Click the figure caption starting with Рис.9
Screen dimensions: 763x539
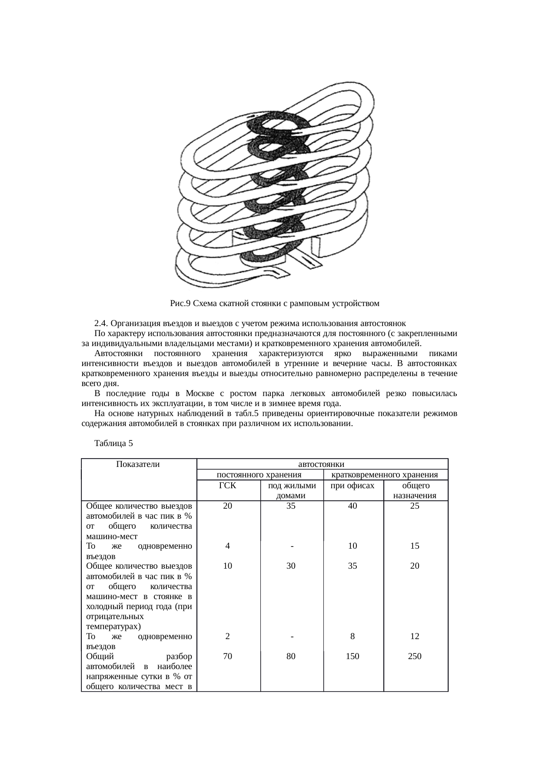[x=275, y=303]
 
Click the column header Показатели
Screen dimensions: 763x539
[x=138, y=464]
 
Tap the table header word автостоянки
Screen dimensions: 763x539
[x=322, y=464]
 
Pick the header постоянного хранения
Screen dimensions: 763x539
[x=259, y=475]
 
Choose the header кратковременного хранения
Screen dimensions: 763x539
[x=387, y=475]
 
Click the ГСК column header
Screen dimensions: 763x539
[x=227, y=486]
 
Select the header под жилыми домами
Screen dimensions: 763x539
[x=292, y=490]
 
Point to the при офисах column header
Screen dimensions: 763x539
[x=353, y=486]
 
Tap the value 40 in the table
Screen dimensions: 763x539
[x=353, y=506]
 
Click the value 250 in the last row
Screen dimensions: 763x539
[x=415, y=656]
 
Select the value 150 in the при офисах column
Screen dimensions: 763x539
[x=353, y=656]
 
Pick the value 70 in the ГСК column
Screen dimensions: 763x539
[x=227, y=656]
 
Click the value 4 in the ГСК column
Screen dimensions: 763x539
[x=227, y=546]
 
